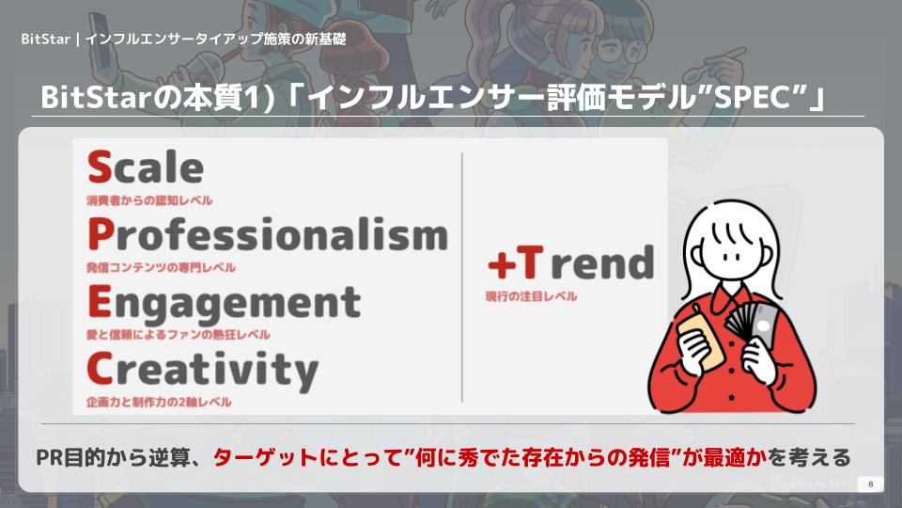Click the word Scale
point(146,167)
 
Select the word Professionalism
point(268,235)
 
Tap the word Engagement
point(224,304)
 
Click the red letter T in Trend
point(530,262)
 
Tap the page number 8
point(870,484)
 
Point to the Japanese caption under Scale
point(149,200)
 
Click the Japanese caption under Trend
point(531,296)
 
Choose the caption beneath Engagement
point(178,335)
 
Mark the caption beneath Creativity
point(159,402)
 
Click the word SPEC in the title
point(752,97)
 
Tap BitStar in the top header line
point(45,40)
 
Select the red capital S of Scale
point(100,167)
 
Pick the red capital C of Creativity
point(100,369)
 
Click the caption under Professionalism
point(161,267)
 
